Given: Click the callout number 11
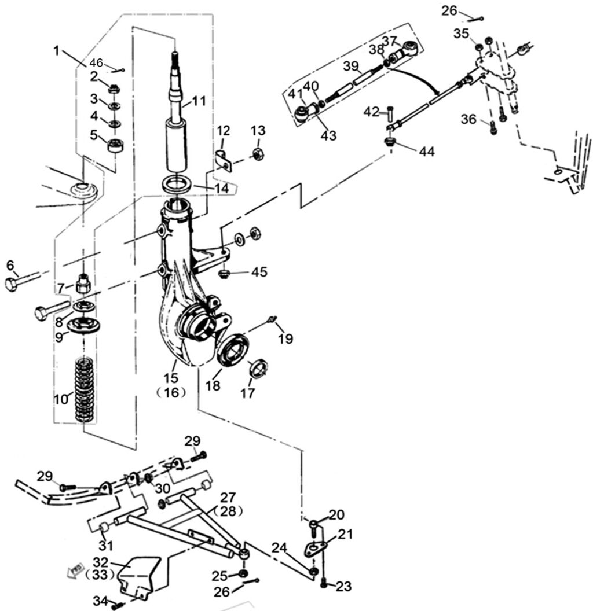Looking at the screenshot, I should (199, 101).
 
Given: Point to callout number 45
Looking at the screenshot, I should (259, 271).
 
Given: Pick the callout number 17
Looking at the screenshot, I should (248, 393).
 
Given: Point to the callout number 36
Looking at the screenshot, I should (469, 119).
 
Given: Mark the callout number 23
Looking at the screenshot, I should (343, 587).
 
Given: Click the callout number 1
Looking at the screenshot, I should (56, 50).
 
